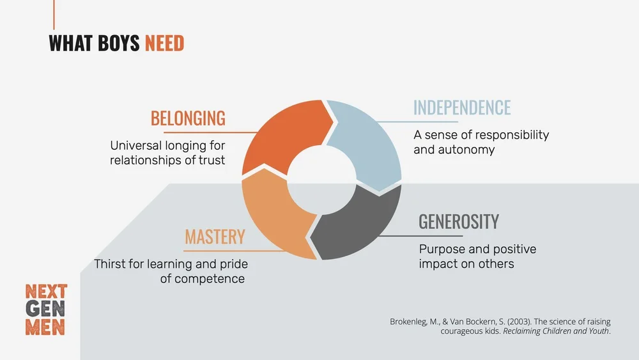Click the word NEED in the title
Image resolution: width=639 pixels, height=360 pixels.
pos(164,43)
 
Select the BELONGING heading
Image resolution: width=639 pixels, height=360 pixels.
pos(188,118)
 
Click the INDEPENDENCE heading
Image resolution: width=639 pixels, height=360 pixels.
pos(462,107)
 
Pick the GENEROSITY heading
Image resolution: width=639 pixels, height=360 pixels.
pos(459,222)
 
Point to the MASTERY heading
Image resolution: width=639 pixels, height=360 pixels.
pos(215,237)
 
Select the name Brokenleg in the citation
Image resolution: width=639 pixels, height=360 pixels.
pos(410,322)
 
